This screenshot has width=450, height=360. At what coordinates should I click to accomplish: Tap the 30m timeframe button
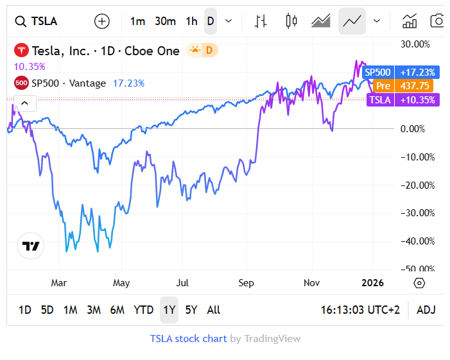(x=165, y=21)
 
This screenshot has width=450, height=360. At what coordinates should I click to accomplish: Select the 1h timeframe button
(x=191, y=21)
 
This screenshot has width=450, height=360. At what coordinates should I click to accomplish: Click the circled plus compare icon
(x=102, y=21)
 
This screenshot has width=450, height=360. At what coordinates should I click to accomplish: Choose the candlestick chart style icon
(x=291, y=21)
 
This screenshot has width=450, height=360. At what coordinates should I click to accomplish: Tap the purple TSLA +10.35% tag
(x=402, y=99)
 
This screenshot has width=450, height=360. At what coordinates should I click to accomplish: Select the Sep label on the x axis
(x=245, y=283)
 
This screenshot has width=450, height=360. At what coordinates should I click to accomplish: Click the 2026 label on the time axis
(x=373, y=283)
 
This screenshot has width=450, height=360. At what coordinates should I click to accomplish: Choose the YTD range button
(x=143, y=310)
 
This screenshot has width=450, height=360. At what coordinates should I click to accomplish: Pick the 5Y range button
(x=191, y=310)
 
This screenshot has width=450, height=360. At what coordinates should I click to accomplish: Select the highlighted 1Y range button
(x=169, y=310)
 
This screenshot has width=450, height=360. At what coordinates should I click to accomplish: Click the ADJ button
(x=426, y=310)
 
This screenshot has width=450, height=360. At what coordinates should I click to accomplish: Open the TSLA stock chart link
(x=188, y=338)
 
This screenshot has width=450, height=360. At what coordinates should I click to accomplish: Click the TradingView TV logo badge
(x=31, y=246)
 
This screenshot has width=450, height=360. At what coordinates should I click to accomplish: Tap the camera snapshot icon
(x=437, y=21)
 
